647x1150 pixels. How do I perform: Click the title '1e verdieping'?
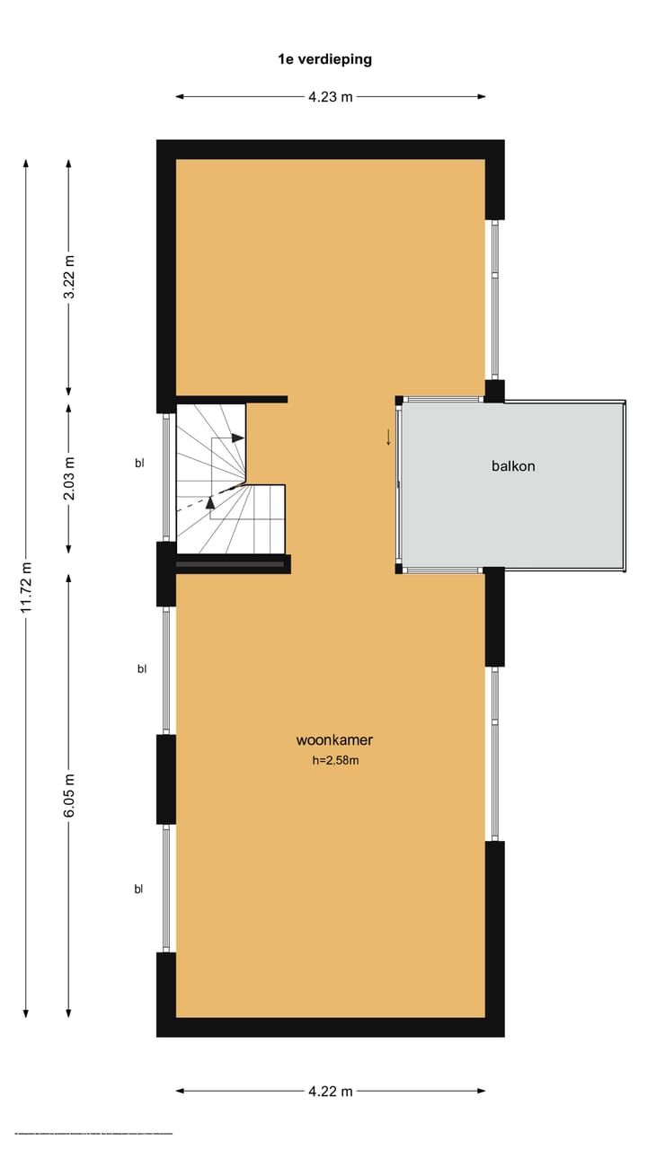point(324,60)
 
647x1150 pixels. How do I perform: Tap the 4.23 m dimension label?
point(331,97)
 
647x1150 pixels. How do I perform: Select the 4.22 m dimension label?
point(331,1091)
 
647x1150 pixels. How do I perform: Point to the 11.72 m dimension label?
point(26,588)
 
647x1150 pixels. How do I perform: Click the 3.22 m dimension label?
point(69,279)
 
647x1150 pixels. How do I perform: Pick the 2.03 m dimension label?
point(69,477)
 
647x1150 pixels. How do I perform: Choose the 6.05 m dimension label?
point(69,795)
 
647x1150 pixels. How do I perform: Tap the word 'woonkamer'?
point(334,740)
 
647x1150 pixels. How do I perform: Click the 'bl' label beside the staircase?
point(139,464)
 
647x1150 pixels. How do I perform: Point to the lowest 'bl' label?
point(139,889)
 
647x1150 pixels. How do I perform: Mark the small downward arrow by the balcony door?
point(388,438)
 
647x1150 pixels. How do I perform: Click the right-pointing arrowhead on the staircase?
point(238,438)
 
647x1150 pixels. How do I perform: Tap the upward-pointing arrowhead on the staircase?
point(210,502)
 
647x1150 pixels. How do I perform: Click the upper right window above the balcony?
point(493,299)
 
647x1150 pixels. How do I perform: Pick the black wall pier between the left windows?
point(166,779)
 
